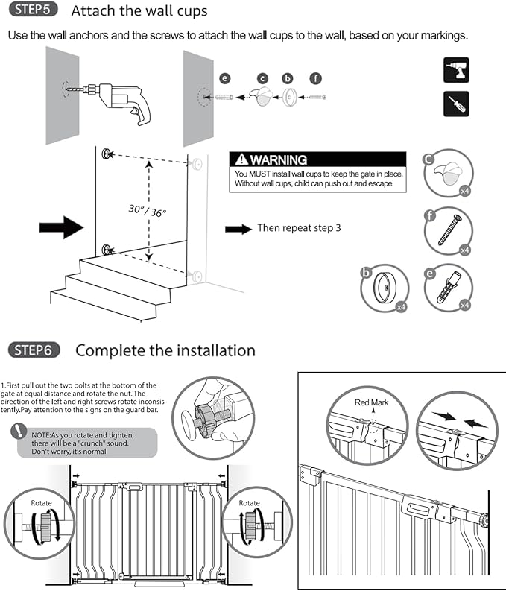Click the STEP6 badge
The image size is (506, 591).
[34, 350]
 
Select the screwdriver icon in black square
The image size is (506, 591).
[456, 104]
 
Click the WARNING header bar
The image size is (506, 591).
[318, 159]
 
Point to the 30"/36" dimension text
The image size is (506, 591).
[145, 211]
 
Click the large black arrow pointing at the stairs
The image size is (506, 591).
[72, 226]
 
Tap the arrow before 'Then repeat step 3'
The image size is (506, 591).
[238, 229]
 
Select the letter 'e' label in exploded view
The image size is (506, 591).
[224, 78]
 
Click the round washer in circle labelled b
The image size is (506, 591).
[388, 290]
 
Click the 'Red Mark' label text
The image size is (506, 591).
[373, 403]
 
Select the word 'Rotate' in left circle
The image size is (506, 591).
[41, 503]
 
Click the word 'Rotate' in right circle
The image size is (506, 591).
[250, 503]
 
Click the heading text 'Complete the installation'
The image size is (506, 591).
[165, 350]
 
